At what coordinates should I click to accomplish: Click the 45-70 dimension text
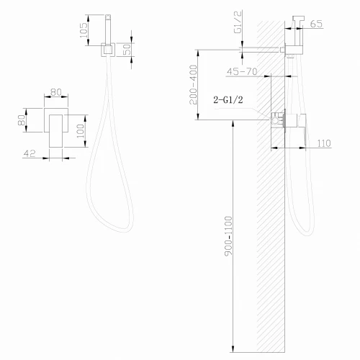242,71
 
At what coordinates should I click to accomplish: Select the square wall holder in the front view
106,51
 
